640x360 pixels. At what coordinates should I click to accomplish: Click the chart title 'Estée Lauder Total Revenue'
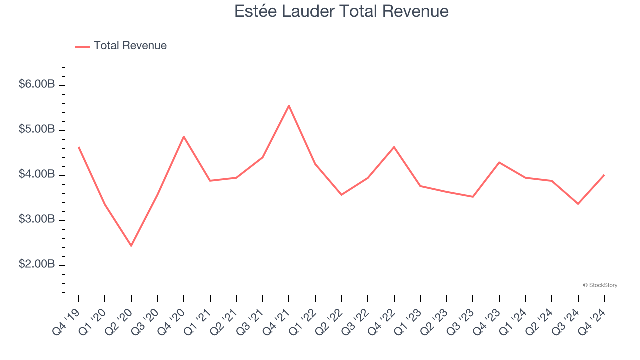pyautogui.click(x=341, y=11)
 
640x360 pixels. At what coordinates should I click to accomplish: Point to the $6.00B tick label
pyautogui.click(x=37, y=84)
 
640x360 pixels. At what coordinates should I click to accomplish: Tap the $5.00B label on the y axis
pyautogui.click(x=37, y=129)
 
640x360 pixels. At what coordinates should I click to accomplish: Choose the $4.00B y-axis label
pyautogui.click(x=37, y=174)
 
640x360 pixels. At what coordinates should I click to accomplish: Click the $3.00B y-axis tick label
pyautogui.click(x=37, y=219)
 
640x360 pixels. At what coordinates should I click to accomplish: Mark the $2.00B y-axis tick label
pyautogui.click(x=37, y=264)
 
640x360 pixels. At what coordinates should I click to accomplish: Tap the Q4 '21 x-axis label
pyautogui.click(x=276, y=319)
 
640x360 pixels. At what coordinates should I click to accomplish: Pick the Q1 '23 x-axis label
pyautogui.click(x=407, y=319)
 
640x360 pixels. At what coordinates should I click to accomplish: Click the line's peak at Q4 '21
pyautogui.click(x=289, y=106)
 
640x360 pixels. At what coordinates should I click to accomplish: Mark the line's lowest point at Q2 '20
pyautogui.click(x=131, y=246)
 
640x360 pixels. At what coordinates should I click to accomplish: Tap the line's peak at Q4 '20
pyautogui.click(x=184, y=136)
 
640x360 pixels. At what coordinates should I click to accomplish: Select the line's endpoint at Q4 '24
pyautogui.click(x=604, y=175)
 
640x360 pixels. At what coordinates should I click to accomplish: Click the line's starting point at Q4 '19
pyautogui.click(x=79, y=147)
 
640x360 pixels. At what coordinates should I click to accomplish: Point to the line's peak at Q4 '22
pyautogui.click(x=394, y=147)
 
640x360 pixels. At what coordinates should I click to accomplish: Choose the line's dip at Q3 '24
pyautogui.click(x=578, y=204)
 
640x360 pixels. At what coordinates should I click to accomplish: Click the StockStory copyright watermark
pyautogui.click(x=600, y=285)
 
